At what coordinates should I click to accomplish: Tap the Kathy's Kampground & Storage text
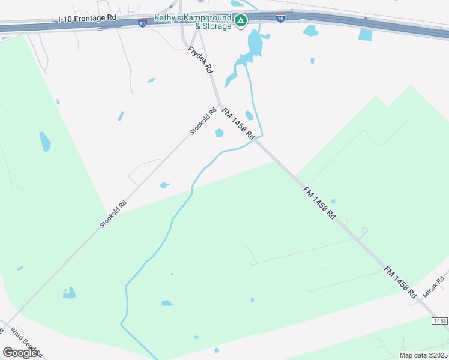193,22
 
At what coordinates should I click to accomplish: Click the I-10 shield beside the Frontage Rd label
142,23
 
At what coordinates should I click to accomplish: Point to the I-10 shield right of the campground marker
280,19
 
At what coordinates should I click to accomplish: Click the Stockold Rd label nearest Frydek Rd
202,121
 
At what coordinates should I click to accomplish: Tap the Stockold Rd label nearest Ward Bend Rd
113,214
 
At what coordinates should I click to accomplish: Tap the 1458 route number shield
439,322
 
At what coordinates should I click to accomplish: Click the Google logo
20,353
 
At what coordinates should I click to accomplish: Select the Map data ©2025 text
423,355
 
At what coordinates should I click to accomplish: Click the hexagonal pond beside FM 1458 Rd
219,133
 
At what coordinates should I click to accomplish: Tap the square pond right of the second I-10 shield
365,34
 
